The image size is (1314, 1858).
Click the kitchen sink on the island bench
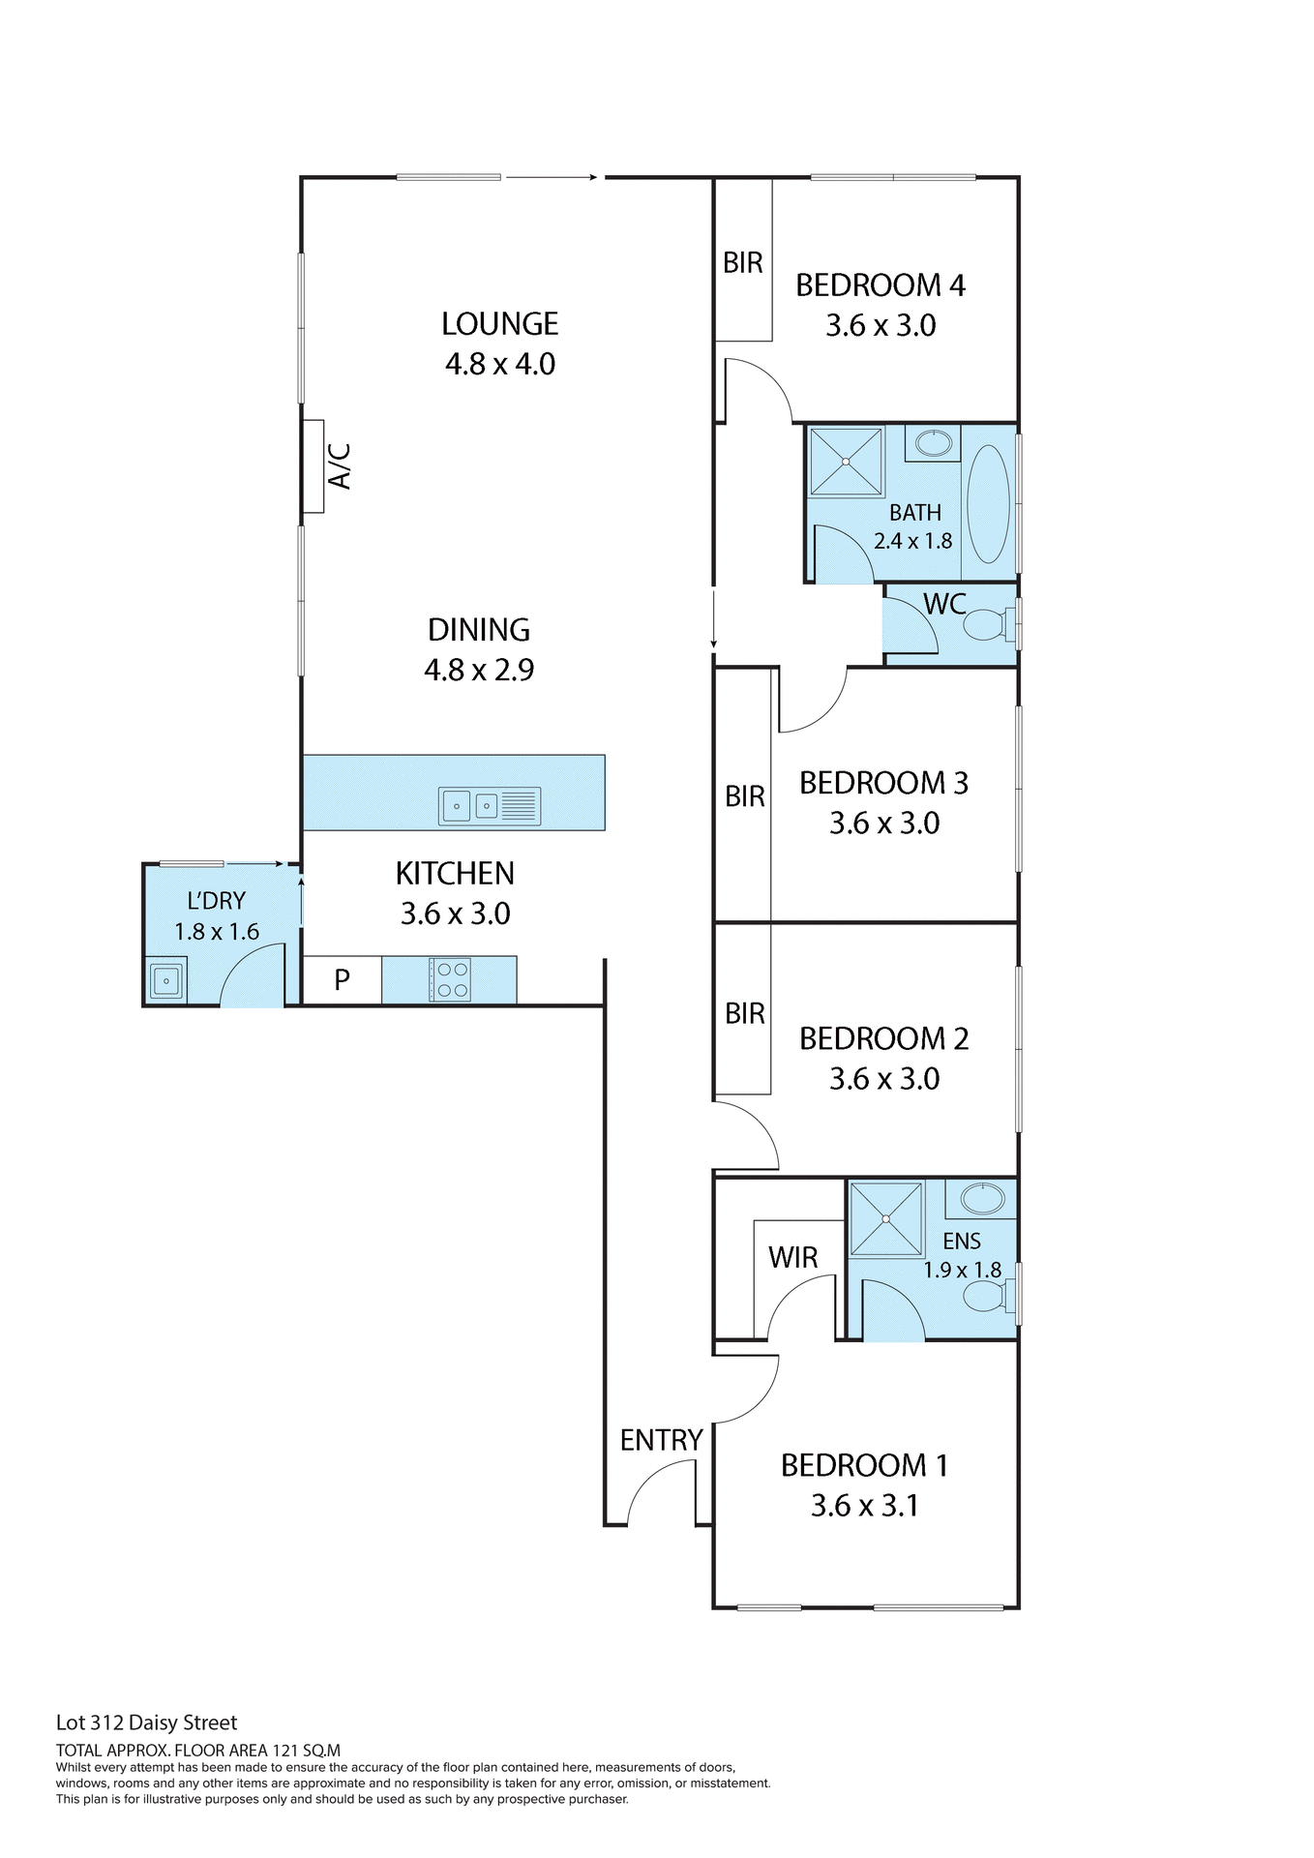click(489, 805)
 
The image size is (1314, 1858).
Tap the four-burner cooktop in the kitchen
click(450, 979)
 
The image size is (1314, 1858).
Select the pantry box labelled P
click(342, 980)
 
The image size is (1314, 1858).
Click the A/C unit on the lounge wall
click(313, 466)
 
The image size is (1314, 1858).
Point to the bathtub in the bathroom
click(988, 503)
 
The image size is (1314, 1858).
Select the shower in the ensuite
click(885, 1219)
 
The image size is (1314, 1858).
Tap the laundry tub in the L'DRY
click(165, 981)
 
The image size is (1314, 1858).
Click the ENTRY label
click(661, 1440)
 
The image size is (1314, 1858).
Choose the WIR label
click(792, 1257)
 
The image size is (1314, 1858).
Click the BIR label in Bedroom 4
click(742, 262)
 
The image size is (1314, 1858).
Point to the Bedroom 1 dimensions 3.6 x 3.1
click(864, 1506)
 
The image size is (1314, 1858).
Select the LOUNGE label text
click(499, 323)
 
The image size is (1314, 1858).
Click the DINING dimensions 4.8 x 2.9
click(479, 670)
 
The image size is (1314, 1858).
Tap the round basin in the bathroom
click(934, 444)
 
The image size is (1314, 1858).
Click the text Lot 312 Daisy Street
click(146, 1723)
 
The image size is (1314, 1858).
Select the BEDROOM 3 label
click(883, 783)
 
